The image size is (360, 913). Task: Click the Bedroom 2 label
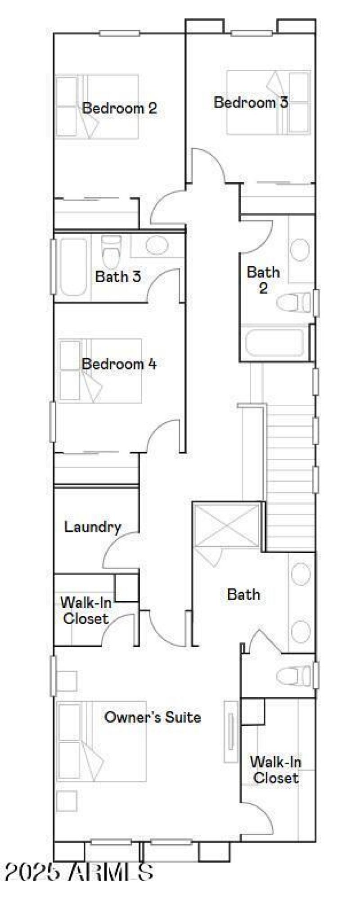point(120,108)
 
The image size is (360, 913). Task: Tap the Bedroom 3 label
point(251,102)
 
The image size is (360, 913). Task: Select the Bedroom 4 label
point(119,364)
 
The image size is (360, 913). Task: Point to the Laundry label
point(93,527)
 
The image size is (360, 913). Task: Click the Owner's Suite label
point(153,717)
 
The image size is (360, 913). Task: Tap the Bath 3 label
point(118,276)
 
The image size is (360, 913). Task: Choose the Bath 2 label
point(263,280)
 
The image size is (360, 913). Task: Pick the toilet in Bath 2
point(293,302)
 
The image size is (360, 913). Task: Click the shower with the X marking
point(226,526)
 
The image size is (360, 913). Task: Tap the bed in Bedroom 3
point(269,103)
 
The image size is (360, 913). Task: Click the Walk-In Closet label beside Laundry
point(85,610)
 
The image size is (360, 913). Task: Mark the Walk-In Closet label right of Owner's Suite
point(275,770)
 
